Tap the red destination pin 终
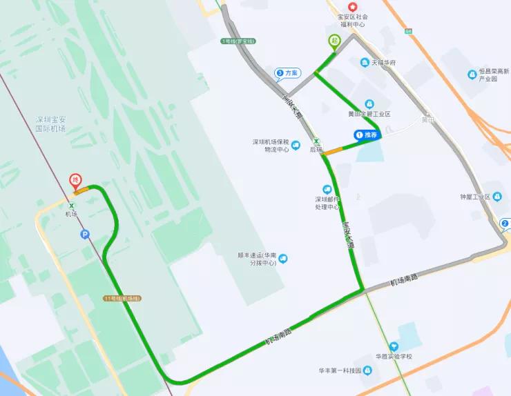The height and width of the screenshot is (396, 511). click(76, 182)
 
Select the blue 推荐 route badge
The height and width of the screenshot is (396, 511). click(367, 135)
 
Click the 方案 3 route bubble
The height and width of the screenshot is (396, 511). click(287, 73)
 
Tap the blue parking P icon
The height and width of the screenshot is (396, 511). click(85, 235)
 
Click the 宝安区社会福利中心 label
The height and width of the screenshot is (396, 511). click(351, 20)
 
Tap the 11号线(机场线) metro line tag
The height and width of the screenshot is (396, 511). click(122, 298)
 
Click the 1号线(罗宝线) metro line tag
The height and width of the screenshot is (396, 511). click(238, 41)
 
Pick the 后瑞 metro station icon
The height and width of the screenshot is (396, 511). click(316, 140)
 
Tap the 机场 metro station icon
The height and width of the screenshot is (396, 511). click(71, 206)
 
